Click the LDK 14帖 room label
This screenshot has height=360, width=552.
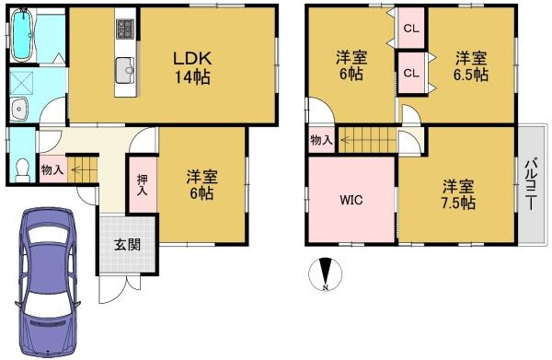coord(192,67)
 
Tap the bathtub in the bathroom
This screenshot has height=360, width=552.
coord(22,35)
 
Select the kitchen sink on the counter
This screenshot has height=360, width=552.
coord(125,70)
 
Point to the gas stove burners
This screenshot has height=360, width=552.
coord(125,29)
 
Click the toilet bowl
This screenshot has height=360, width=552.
coord(23,169)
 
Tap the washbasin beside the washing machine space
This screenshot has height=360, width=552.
coord(18,110)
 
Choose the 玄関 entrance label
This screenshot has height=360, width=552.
coord(128,245)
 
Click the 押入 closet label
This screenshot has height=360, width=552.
coord(143,185)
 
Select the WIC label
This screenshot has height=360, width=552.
coord(351,200)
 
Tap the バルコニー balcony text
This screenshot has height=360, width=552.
coord(531,184)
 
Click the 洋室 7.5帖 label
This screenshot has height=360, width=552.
coord(458,194)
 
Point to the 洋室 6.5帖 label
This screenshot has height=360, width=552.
coord(471,66)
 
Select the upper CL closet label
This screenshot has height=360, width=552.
coord(411,29)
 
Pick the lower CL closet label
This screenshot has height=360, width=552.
coord(411,73)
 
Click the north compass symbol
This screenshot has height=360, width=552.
coord(325,274)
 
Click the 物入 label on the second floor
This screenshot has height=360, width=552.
coord(321,141)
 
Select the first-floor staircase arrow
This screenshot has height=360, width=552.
coord(82,169)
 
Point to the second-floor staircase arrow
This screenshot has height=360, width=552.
coord(367,141)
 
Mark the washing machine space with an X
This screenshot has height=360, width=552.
coord(21,83)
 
